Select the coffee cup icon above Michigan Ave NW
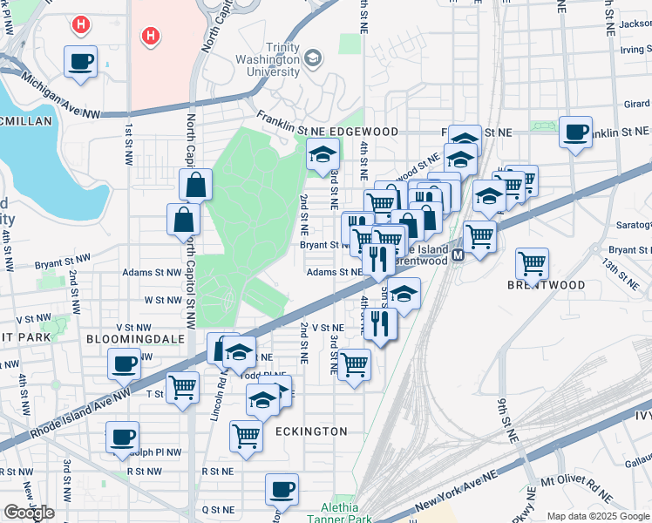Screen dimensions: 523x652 point(81,62)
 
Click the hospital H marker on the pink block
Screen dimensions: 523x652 point(151,36)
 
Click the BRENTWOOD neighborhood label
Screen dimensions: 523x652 point(547,285)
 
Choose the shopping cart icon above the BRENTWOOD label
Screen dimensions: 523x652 point(532,261)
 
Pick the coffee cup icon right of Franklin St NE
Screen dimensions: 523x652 point(575,132)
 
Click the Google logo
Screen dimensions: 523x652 point(29,512)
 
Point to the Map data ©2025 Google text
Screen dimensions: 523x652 point(598,516)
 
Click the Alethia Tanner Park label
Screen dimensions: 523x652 point(333,513)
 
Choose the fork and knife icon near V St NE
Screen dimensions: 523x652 point(381,323)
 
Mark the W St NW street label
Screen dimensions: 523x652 point(163,300)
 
